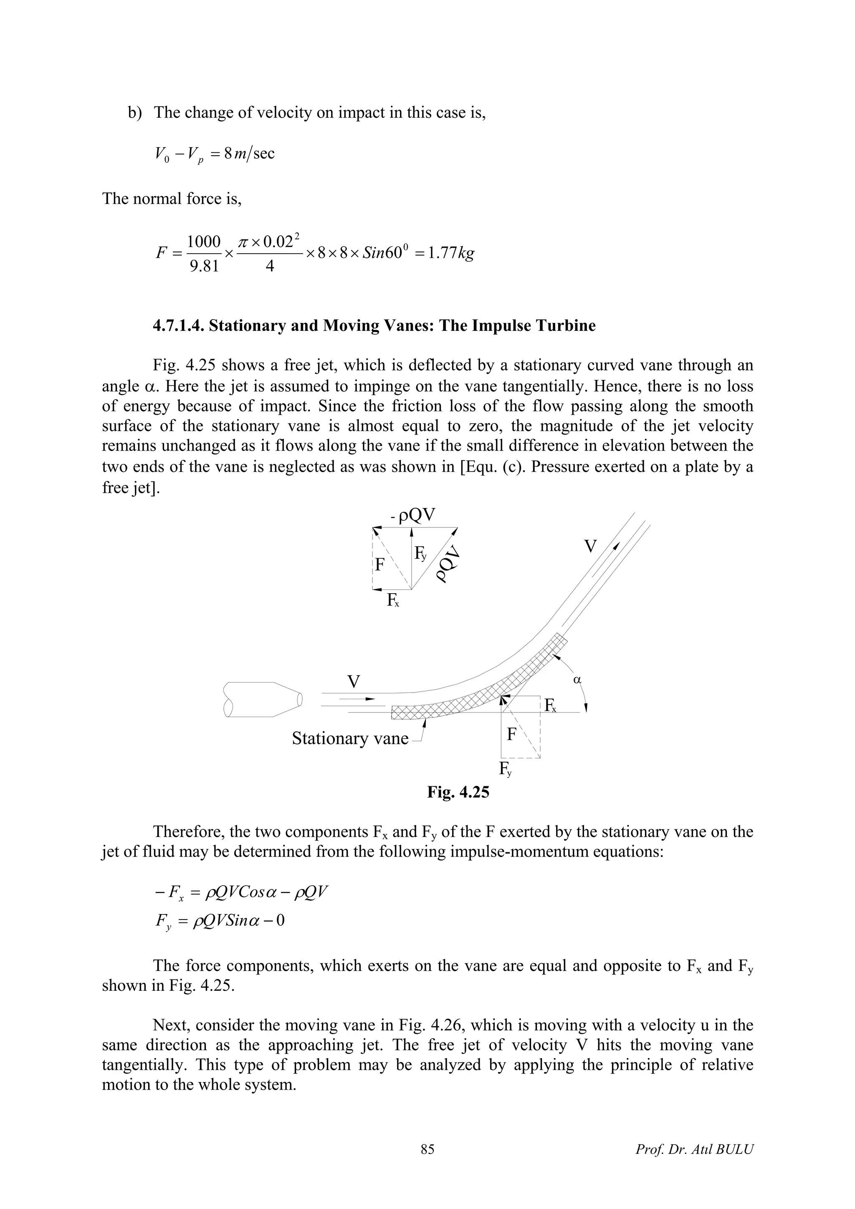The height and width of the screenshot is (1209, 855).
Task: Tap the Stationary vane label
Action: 350,738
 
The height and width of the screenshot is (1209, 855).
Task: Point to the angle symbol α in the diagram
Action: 577,680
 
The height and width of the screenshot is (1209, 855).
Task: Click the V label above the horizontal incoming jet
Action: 354,682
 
